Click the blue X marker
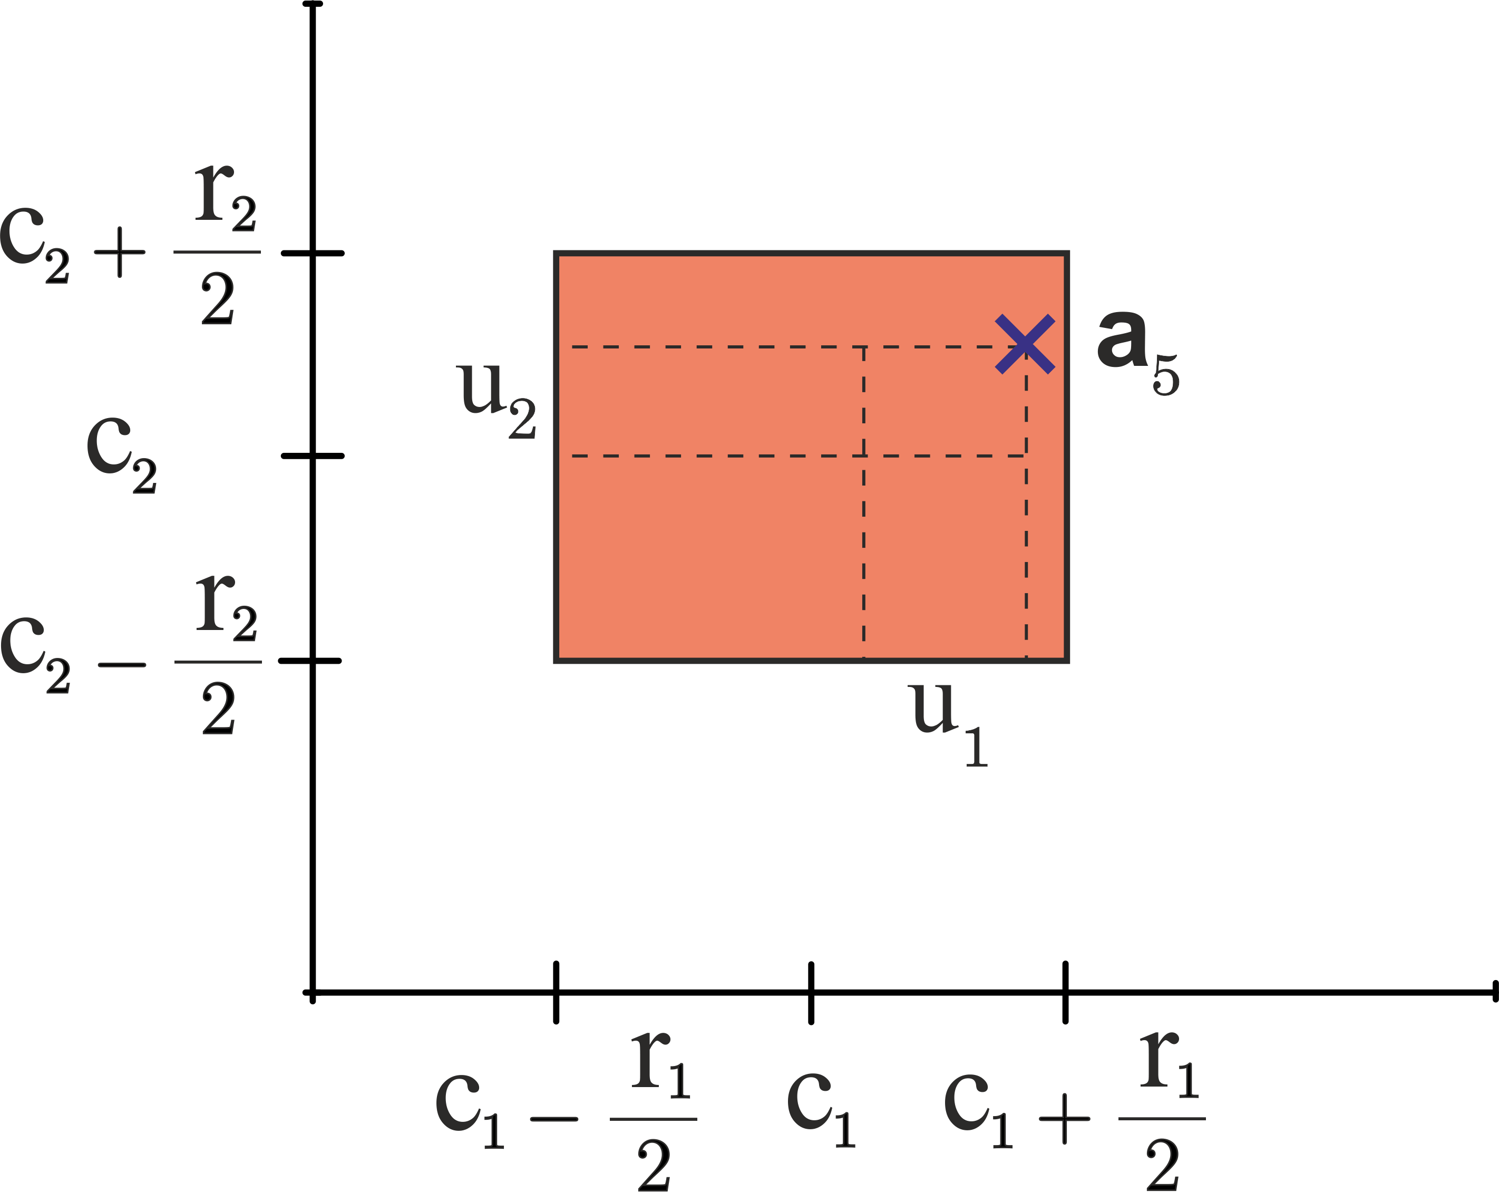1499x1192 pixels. (1025, 344)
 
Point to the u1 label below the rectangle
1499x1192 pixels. (950, 723)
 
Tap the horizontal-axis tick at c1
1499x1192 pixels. (811, 992)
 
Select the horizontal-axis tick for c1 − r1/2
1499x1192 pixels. (556, 992)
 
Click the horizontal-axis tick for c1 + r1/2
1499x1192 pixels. (1065, 992)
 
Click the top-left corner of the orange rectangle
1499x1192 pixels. (556, 253)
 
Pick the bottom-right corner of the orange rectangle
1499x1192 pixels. (1067, 661)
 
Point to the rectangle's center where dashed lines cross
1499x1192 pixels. (863, 456)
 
